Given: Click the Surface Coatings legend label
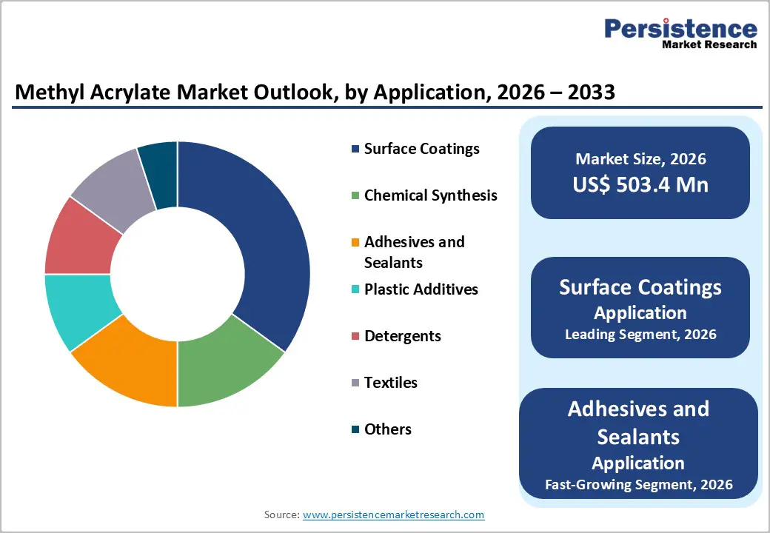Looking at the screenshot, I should (421, 149).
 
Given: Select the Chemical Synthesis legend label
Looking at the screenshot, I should (430, 195).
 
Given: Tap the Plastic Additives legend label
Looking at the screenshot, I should (421, 289).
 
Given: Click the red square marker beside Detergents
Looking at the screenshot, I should (355, 336).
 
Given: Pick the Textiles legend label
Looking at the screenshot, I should (390, 383).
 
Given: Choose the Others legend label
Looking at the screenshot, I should (387, 429).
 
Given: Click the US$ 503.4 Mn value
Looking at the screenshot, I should (640, 184).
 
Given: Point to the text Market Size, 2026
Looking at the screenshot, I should (640, 158).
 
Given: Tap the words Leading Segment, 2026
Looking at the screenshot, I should (640, 334).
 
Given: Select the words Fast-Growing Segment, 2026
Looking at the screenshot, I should (638, 485).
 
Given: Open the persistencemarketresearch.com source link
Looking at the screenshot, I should (393, 514).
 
